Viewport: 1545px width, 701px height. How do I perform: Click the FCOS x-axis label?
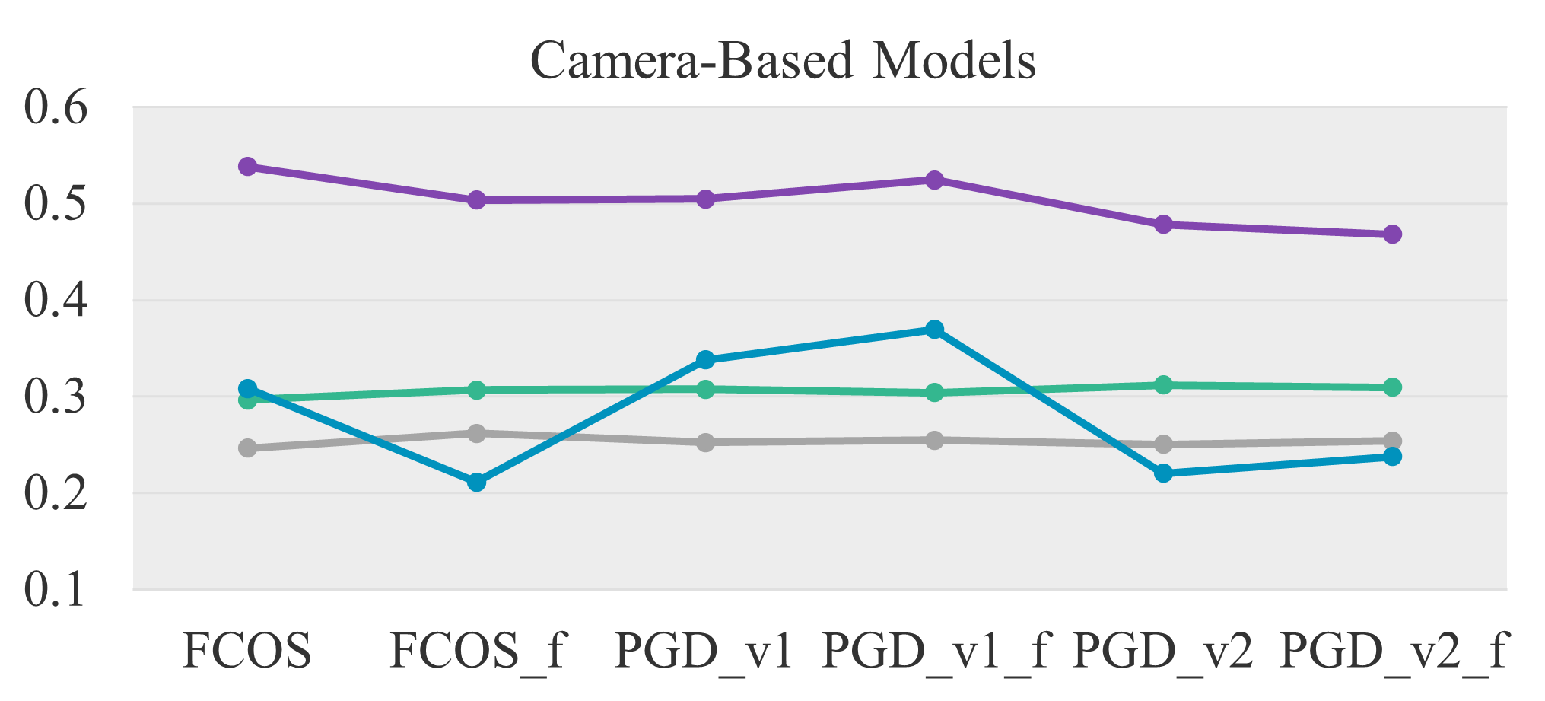(247, 651)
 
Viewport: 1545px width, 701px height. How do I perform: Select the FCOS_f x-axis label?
(477, 651)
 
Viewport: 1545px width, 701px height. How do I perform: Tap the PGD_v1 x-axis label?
(704, 651)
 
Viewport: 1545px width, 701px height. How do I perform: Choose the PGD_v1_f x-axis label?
(935, 651)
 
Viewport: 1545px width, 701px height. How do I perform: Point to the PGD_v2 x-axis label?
(1163, 651)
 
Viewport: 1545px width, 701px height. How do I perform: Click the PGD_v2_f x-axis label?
(1393, 651)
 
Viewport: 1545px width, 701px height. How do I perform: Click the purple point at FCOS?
(247, 166)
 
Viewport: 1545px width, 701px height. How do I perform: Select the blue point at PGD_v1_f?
(935, 330)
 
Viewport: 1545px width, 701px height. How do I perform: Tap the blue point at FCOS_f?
(476, 482)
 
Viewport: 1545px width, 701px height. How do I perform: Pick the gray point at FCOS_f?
(476, 433)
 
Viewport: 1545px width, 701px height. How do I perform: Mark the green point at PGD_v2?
(1163, 384)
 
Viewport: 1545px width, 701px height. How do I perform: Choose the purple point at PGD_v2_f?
(1392, 234)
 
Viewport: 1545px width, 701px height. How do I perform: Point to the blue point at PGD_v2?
(1163, 473)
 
